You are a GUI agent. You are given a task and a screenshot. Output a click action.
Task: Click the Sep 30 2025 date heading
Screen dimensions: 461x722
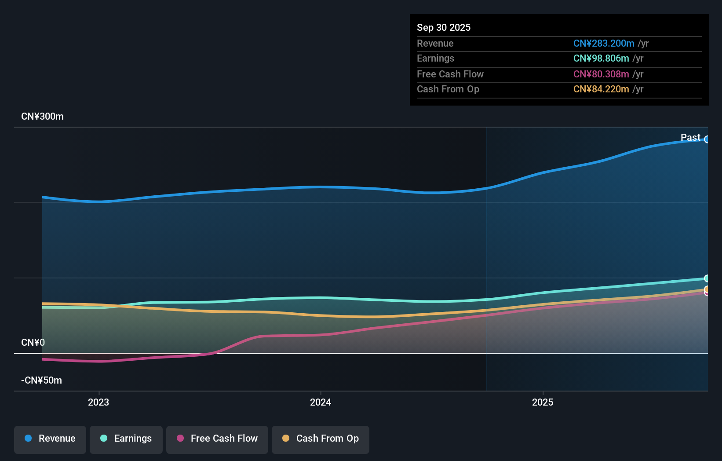click(x=443, y=27)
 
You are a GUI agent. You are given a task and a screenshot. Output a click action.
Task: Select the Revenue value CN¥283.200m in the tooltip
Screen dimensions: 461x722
click(x=603, y=43)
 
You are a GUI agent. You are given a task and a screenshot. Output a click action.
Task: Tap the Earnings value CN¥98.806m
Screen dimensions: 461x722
click(x=601, y=59)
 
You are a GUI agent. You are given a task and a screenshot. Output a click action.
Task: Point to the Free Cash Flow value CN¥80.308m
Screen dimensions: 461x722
click(x=601, y=74)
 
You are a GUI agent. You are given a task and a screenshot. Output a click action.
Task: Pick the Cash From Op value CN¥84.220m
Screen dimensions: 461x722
click(x=601, y=89)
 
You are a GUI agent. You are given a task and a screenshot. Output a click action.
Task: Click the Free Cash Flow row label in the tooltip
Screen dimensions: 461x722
click(x=450, y=74)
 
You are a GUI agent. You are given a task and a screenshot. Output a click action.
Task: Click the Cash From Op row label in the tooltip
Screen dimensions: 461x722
click(x=448, y=89)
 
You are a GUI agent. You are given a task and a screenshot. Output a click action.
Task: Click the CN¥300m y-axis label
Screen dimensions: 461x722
click(x=42, y=117)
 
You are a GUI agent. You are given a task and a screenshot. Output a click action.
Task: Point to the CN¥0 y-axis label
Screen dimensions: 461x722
click(x=33, y=342)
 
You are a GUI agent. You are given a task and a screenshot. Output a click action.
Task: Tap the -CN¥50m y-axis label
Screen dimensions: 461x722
click(x=41, y=380)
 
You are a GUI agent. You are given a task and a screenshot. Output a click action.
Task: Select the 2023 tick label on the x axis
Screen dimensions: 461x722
click(x=98, y=402)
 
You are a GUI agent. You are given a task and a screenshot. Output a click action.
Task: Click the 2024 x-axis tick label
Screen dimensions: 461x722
click(x=321, y=402)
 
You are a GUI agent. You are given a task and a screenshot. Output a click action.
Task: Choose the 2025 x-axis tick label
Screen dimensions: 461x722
click(x=543, y=402)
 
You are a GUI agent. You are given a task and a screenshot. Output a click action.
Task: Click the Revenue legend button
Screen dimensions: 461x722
click(x=50, y=439)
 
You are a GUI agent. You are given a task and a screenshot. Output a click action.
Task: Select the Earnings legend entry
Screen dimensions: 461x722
click(x=126, y=439)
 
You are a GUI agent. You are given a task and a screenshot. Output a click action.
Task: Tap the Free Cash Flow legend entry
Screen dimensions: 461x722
click(x=217, y=439)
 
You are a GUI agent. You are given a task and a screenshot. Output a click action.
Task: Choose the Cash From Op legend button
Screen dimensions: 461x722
click(x=321, y=439)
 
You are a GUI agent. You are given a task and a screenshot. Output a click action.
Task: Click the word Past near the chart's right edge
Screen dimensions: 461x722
click(x=690, y=137)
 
